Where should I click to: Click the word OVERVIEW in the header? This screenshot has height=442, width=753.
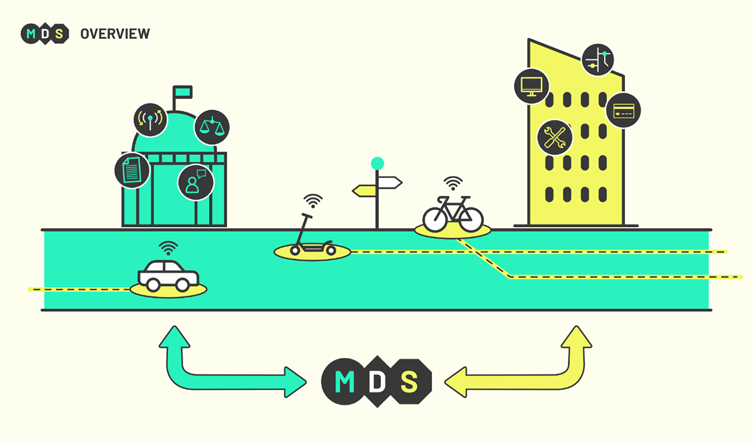click(x=115, y=34)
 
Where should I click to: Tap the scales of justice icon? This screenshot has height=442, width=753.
click(x=212, y=127)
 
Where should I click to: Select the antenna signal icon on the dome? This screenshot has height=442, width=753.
click(x=150, y=120)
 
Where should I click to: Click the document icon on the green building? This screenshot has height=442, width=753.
click(x=132, y=170)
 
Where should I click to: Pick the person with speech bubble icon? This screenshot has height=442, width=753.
click(x=196, y=182)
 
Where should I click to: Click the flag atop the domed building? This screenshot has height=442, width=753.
click(x=183, y=92)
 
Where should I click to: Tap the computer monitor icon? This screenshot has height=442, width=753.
click(x=531, y=87)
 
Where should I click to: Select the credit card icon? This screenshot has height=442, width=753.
click(x=623, y=110)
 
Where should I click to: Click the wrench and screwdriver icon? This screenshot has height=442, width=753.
click(x=555, y=137)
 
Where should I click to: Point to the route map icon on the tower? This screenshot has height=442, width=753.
click(x=597, y=60)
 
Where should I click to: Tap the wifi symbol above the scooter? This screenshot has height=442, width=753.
click(x=313, y=201)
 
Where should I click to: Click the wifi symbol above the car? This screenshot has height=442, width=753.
click(x=168, y=248)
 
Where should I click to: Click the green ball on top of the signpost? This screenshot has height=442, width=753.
click(x=377, y=164)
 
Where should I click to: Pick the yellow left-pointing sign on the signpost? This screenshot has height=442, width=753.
click(x=364, y=191)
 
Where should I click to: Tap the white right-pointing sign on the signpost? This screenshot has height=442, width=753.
click(x=390, y=182)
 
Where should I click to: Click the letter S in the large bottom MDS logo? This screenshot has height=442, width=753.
click(x=409, y=382)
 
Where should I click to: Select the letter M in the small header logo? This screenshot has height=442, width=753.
click(x=31, y=34)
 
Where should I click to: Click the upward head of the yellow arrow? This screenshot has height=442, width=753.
click(x=577, y=337)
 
